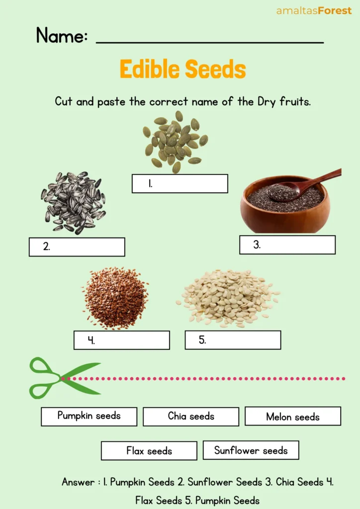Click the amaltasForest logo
pos(314,10)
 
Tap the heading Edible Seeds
pos(182,70)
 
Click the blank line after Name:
pos(209,40)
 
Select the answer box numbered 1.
pos(180,183)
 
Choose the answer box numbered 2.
pos(77,247)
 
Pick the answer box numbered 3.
pos(287,245)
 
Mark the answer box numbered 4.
pos(121,340)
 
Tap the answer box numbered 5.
pos(233,340)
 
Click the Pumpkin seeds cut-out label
pos(89,416)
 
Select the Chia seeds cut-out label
pos(191,417)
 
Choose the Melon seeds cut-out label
pos(293,417)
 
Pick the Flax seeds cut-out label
pos(149,451)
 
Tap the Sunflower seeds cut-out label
pos(251,450)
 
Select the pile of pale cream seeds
pos(228,297)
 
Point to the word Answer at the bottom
pos(78,482)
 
